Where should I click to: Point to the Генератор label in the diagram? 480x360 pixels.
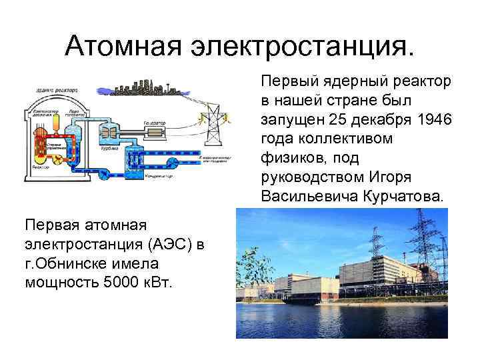153,123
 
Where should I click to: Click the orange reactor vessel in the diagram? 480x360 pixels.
47,143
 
